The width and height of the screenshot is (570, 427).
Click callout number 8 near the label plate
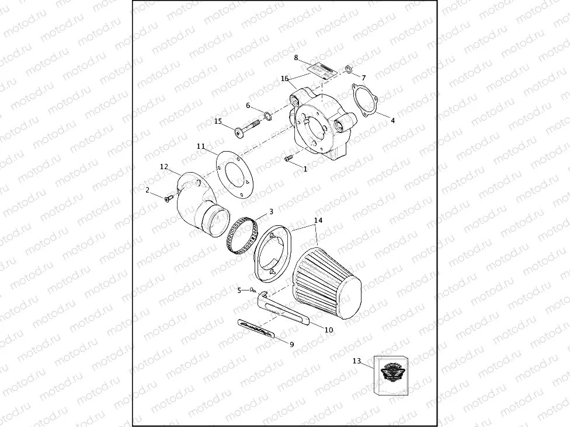coord(296,58)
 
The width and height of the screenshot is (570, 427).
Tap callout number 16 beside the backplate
coord(284,78)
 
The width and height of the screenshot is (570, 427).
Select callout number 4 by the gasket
coord(392,121)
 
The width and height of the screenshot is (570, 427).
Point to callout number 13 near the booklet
coord(357,361)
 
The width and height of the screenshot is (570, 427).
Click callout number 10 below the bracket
coord(329,330)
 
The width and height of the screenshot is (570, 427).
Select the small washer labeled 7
coord(347,71)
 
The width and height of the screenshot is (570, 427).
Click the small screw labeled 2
coord(169,199)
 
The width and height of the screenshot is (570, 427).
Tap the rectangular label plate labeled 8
coord(321,69)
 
